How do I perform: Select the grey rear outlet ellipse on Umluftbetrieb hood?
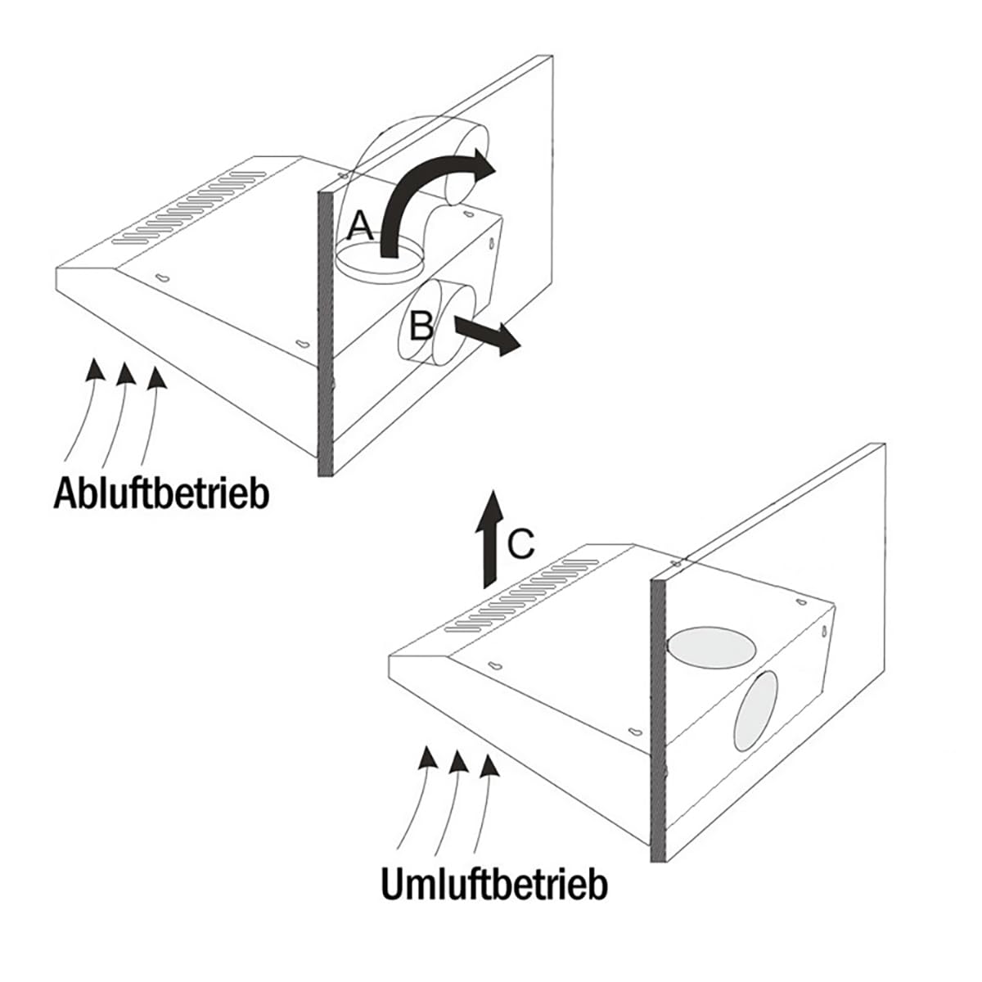coord(757,711)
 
